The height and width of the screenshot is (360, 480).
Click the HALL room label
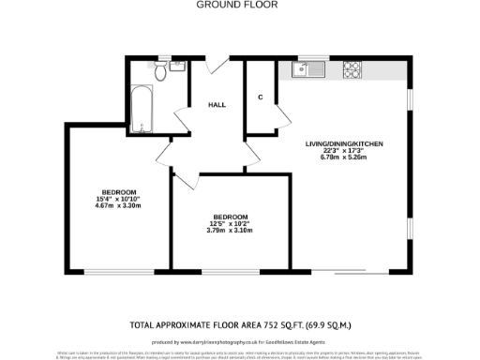pyautogui.click(x=217, y=105)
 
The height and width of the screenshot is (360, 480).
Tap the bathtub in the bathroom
pyautogui.click(x=142, y=112)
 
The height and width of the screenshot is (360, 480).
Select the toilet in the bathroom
pyautogui.click(x=159, y=72)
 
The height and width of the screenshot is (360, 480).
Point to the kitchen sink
pyautogui.click(x=306, y=68)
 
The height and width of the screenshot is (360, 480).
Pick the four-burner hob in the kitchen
pyautogui.click(x=353, y=68)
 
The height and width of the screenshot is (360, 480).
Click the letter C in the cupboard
pyautogui.click(x=260, y=97)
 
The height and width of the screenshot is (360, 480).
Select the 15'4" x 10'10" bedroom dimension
pyautogui.click(x=118, y=199)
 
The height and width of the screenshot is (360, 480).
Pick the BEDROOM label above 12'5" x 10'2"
pyautogui.click(x=230, y=216)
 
